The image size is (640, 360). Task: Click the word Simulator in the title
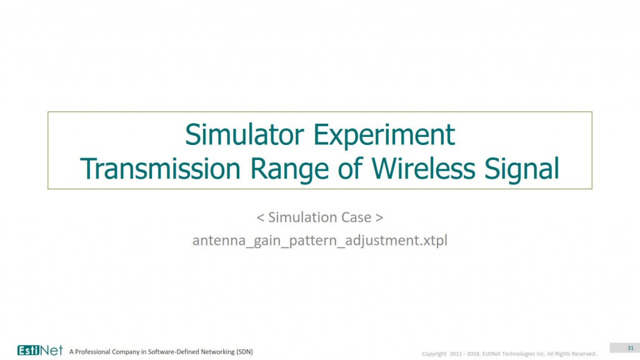pyautogui.click(x=244, y=135)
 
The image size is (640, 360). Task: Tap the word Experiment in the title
pyautogui.click(x=384, y=136)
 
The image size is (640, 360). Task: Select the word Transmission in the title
pyautogui.click(x=160, y=169)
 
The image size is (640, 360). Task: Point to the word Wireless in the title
pyautogui.click(x=423, y=169)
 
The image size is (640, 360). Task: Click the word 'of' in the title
pyautogui.click(x=350, y=169)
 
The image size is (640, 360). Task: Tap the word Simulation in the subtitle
pyautogui.click(x=302, y=217)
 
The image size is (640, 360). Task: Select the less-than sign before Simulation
pyautogui.click(x=261, y=217)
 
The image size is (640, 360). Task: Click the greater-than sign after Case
pyautogui.click(x=379, y=217)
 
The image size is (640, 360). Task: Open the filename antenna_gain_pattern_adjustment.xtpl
pyautogui.click(x=320, y=241)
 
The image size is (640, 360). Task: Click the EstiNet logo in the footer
pyautogui.click(x=40, y=350)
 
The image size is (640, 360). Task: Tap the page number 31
pyautogui.click(x=631, y=347)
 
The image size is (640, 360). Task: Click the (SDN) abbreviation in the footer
pyautogui.click(x=244, y=351)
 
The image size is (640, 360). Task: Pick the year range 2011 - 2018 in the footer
pyautogui.click(x=465, y=354)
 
